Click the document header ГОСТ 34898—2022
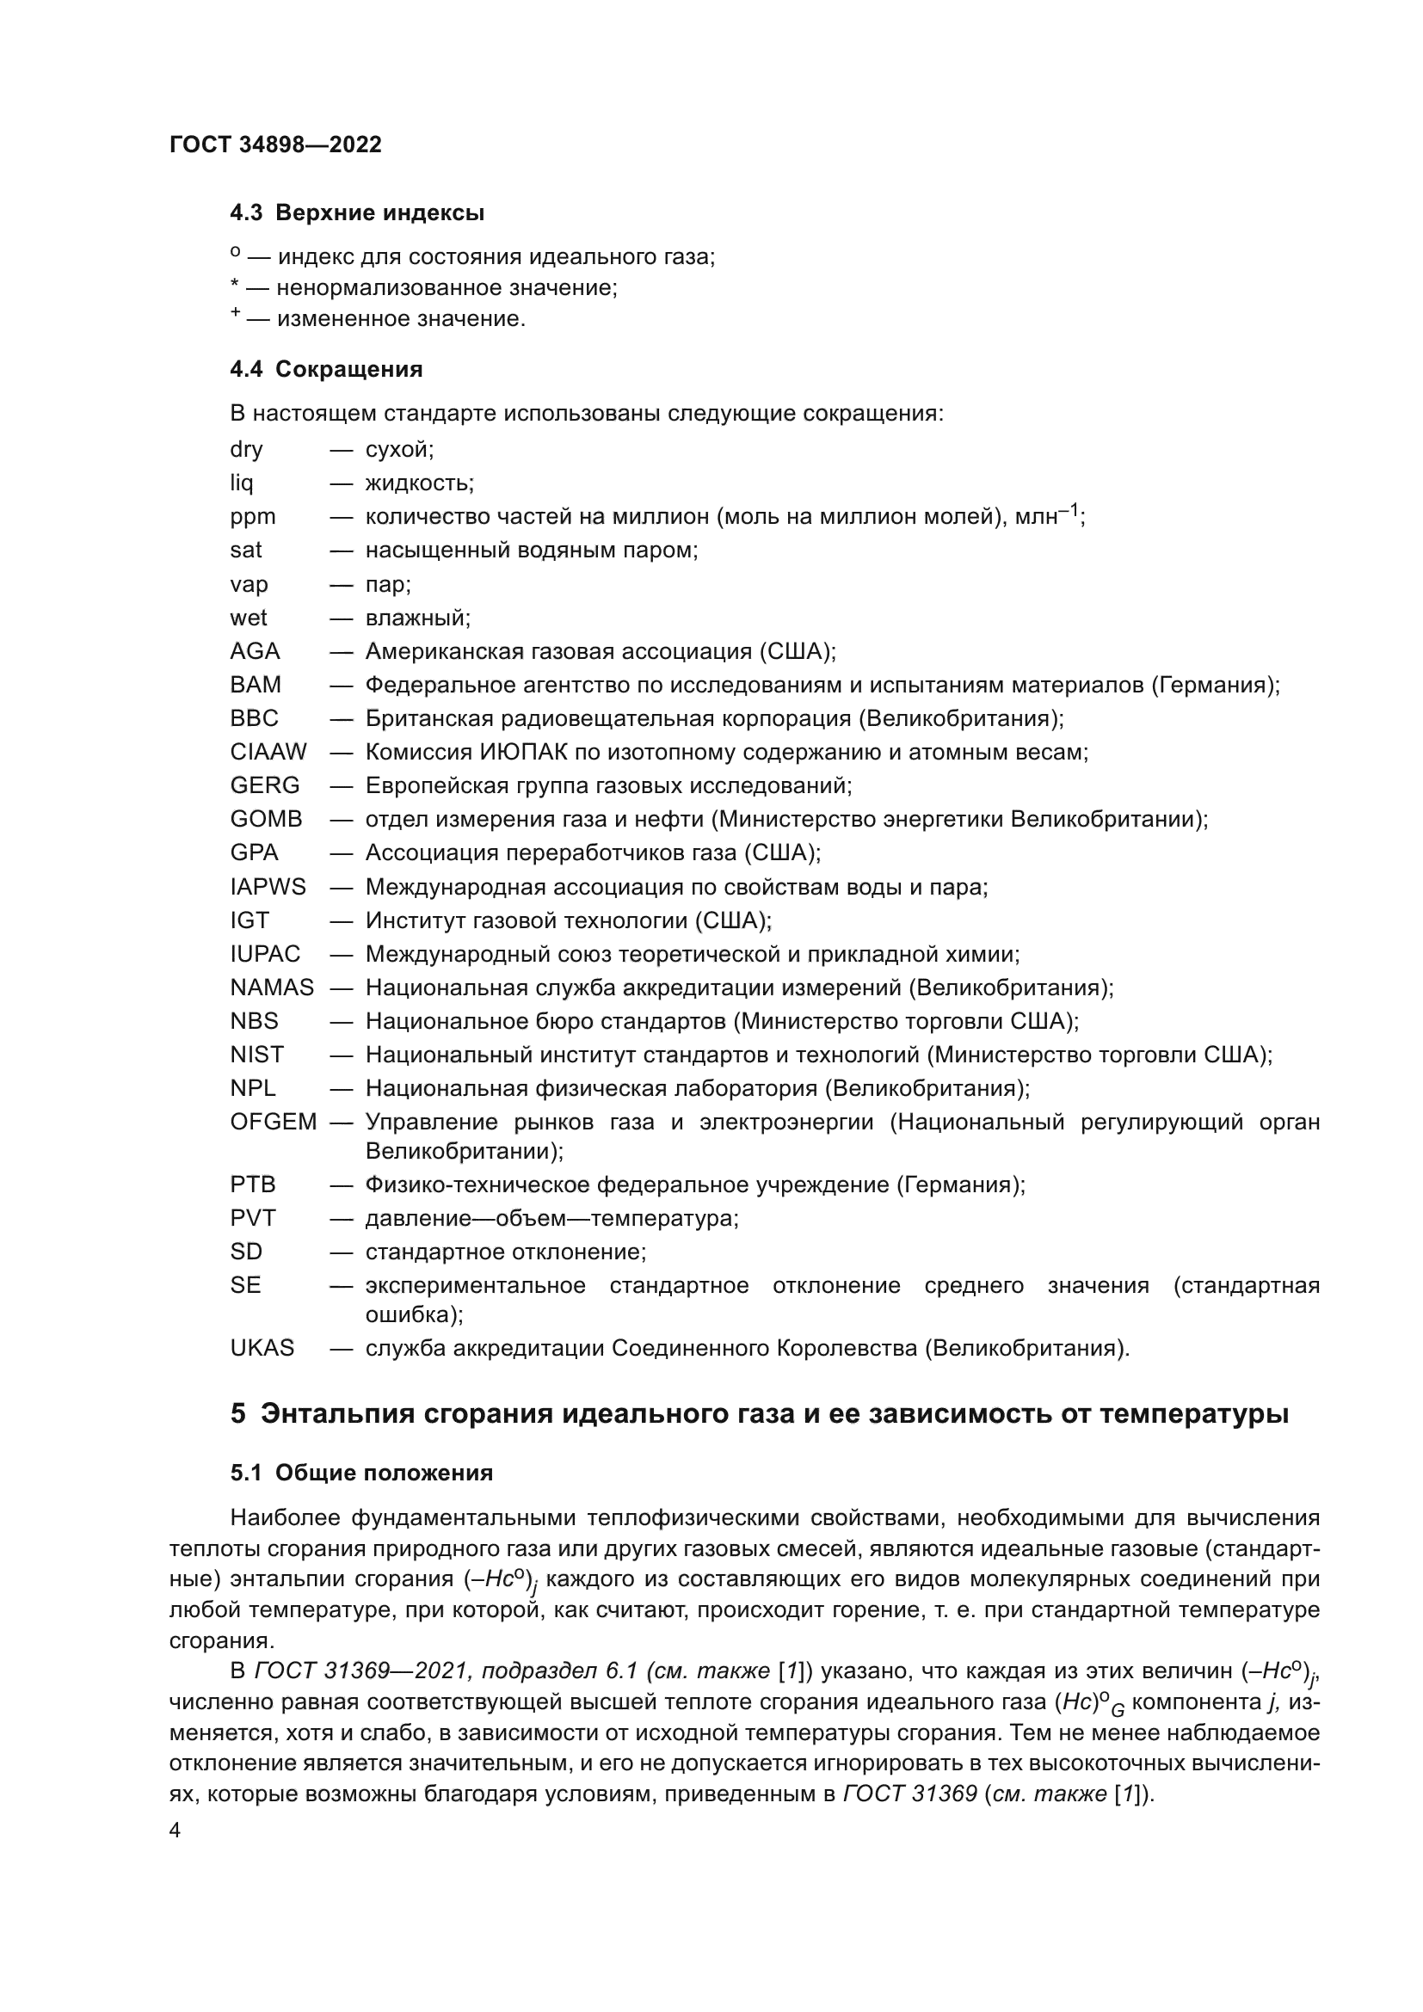[275, 145]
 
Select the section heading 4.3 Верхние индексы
[357, 213]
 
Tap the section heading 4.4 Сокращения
[326, 369]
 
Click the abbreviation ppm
[252, 517]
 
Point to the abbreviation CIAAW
[268, 752]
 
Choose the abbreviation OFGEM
[273, 1123]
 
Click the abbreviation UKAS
[262, 1348]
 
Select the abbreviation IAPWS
[268, 887]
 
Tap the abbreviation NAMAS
[272, 988]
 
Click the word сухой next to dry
[398, 450]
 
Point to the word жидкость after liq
[419, 483]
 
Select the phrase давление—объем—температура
[551, 1219]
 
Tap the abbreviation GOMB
[266, 820]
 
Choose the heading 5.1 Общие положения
[361, 1473]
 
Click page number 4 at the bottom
[175, 1830]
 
